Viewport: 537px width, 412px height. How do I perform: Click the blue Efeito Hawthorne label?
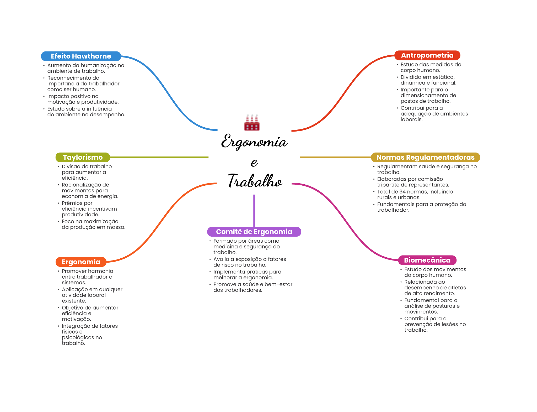[81, 56]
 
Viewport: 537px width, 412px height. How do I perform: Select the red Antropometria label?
[427, 55]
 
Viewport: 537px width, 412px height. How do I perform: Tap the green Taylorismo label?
[83, 157]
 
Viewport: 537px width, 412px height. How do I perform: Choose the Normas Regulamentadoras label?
[425, 157]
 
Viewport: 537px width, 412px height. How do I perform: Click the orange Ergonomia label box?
[81, 262]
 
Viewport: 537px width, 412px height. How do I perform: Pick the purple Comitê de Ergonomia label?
[254, 232]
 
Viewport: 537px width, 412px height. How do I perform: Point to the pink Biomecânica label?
[427, 260]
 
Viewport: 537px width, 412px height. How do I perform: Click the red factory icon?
[252, 123]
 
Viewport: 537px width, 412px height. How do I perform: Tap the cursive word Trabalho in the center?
[255, 181]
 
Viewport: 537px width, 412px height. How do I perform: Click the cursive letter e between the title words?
[254, 163]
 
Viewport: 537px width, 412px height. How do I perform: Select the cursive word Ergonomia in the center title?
[254, 142]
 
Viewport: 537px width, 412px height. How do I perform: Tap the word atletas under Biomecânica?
[457, 288]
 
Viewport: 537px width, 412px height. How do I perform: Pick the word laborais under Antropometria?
[411, 119]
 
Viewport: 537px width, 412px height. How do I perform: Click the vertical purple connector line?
[254, 210]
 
